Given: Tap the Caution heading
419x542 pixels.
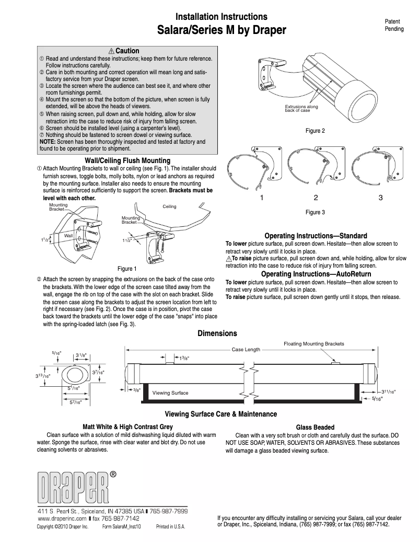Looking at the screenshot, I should pos(124,51).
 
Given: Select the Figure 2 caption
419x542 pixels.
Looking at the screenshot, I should pos(315,131).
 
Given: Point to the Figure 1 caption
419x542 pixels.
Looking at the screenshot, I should pos(126,269).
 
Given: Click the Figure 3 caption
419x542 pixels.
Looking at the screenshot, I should pos(315,212).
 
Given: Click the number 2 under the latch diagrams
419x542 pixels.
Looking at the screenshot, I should pos(316,198).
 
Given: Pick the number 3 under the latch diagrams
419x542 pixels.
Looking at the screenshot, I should pos(380,198).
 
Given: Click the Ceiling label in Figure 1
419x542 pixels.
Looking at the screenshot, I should pos(169,206).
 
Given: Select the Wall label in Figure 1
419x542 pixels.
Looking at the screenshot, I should pos(68,236).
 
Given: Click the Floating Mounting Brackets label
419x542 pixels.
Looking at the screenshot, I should pos(313,344).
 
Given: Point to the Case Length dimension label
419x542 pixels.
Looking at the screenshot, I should pos(246,350).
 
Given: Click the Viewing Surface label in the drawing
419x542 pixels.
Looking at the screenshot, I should pos(170,392).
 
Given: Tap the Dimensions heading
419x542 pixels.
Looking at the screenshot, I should pos(217,333).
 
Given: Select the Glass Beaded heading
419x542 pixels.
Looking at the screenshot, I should pos(315,427).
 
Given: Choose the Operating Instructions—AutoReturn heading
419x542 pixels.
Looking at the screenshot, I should pos(316,274).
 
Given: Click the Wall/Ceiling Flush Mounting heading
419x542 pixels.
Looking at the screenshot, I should pos(127,160).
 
